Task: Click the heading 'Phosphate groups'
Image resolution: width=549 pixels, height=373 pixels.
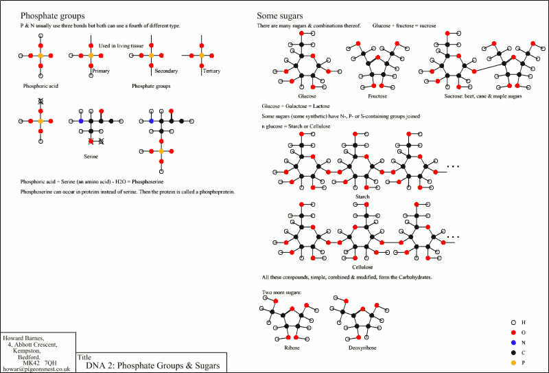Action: click(x=53, y=15)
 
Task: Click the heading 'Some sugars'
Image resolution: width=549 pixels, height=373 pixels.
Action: click(x=280, y=15)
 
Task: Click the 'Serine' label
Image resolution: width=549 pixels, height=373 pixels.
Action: click(x=91, y=157)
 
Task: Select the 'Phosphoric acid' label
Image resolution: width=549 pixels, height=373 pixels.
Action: click(x=40, y=87)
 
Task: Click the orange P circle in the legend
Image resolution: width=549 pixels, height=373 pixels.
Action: click(x=513, y=361)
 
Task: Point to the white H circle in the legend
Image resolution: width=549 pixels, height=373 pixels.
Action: click(x=513, y=322)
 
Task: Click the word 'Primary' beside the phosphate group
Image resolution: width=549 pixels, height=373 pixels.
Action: click(x=101, y=71)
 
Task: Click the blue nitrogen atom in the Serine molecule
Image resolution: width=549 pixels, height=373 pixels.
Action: click(x=81, y=121)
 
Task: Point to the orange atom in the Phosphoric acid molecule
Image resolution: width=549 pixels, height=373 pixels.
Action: click(x=40, y=54)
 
